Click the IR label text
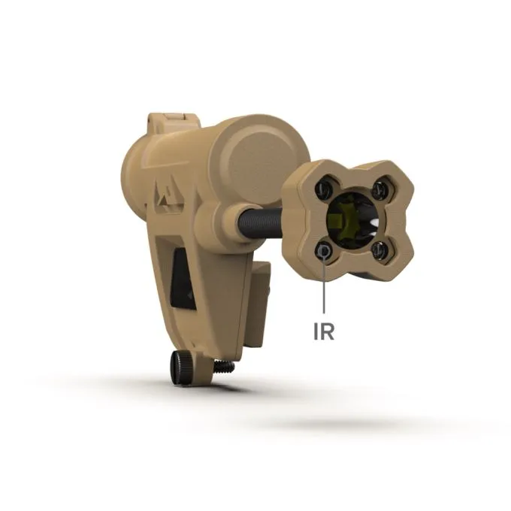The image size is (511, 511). tap(324, 331)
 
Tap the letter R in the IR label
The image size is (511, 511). tap(328, 331)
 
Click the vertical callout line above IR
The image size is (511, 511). tap(324, 283)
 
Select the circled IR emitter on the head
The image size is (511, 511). tap(324, 251)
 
